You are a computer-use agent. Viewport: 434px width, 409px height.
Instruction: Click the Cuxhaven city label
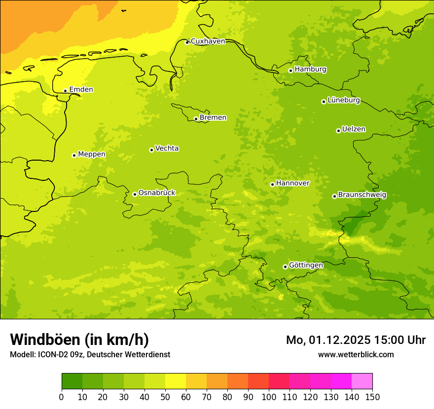coord(208,41)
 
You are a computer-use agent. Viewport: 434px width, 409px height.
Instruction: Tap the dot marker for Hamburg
coord(291,70)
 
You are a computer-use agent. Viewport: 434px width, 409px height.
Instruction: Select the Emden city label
coord(81,90)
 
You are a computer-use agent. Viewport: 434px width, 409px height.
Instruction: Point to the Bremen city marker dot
coord(196,119)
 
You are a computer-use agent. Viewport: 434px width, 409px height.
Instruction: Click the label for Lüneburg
coord(343,101)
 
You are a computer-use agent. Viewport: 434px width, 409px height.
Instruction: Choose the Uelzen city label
coord(354,130)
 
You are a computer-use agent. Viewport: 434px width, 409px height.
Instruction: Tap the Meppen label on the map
coord(92,154)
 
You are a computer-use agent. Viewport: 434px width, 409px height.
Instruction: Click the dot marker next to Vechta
coord(151,150)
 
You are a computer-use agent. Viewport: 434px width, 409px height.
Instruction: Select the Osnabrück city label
coord(157,193)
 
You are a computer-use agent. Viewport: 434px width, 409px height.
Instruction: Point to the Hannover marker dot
coord(272,184)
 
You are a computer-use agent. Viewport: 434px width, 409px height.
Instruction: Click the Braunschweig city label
coord(362,195)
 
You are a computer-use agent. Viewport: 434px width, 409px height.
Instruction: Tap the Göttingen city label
coord(306,266)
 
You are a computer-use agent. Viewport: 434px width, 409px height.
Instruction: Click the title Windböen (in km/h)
coord(79,340)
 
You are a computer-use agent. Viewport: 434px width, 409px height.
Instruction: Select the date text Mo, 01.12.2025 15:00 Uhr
coord(356,340)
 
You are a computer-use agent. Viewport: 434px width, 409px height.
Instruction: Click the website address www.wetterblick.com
coord(356,354)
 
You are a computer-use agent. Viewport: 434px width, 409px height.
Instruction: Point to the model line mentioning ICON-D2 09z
coord(90,354)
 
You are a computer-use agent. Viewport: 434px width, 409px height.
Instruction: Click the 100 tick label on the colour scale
coord(269,397)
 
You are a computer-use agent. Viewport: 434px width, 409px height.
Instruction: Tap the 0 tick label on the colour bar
coord(62,397)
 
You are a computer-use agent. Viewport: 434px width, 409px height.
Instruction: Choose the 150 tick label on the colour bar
coord(372,397)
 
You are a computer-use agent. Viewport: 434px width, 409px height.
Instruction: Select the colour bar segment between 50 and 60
coord(176,381)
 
